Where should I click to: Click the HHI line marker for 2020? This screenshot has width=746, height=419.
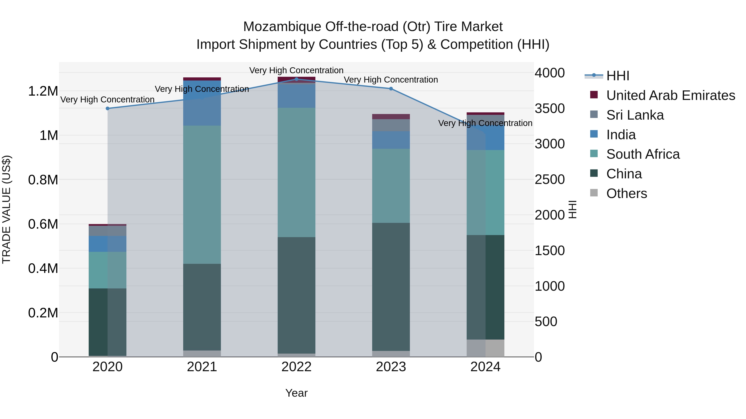107,108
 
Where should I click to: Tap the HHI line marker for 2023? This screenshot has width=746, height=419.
391,89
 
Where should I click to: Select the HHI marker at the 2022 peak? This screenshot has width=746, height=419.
297,79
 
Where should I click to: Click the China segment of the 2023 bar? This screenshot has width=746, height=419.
391,286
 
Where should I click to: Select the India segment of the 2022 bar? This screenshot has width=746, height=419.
297,95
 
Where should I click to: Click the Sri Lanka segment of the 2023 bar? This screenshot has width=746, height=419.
391,125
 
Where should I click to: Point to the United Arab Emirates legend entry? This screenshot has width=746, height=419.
670,95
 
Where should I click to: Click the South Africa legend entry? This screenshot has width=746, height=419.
643,154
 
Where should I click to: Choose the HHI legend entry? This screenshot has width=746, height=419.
618,76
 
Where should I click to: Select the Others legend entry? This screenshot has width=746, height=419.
626,193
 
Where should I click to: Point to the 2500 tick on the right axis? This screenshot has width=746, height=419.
549,180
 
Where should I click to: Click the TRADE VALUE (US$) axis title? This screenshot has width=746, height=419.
7,209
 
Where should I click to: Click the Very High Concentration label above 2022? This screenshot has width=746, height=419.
296,70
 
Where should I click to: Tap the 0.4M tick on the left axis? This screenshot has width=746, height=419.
43,269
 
